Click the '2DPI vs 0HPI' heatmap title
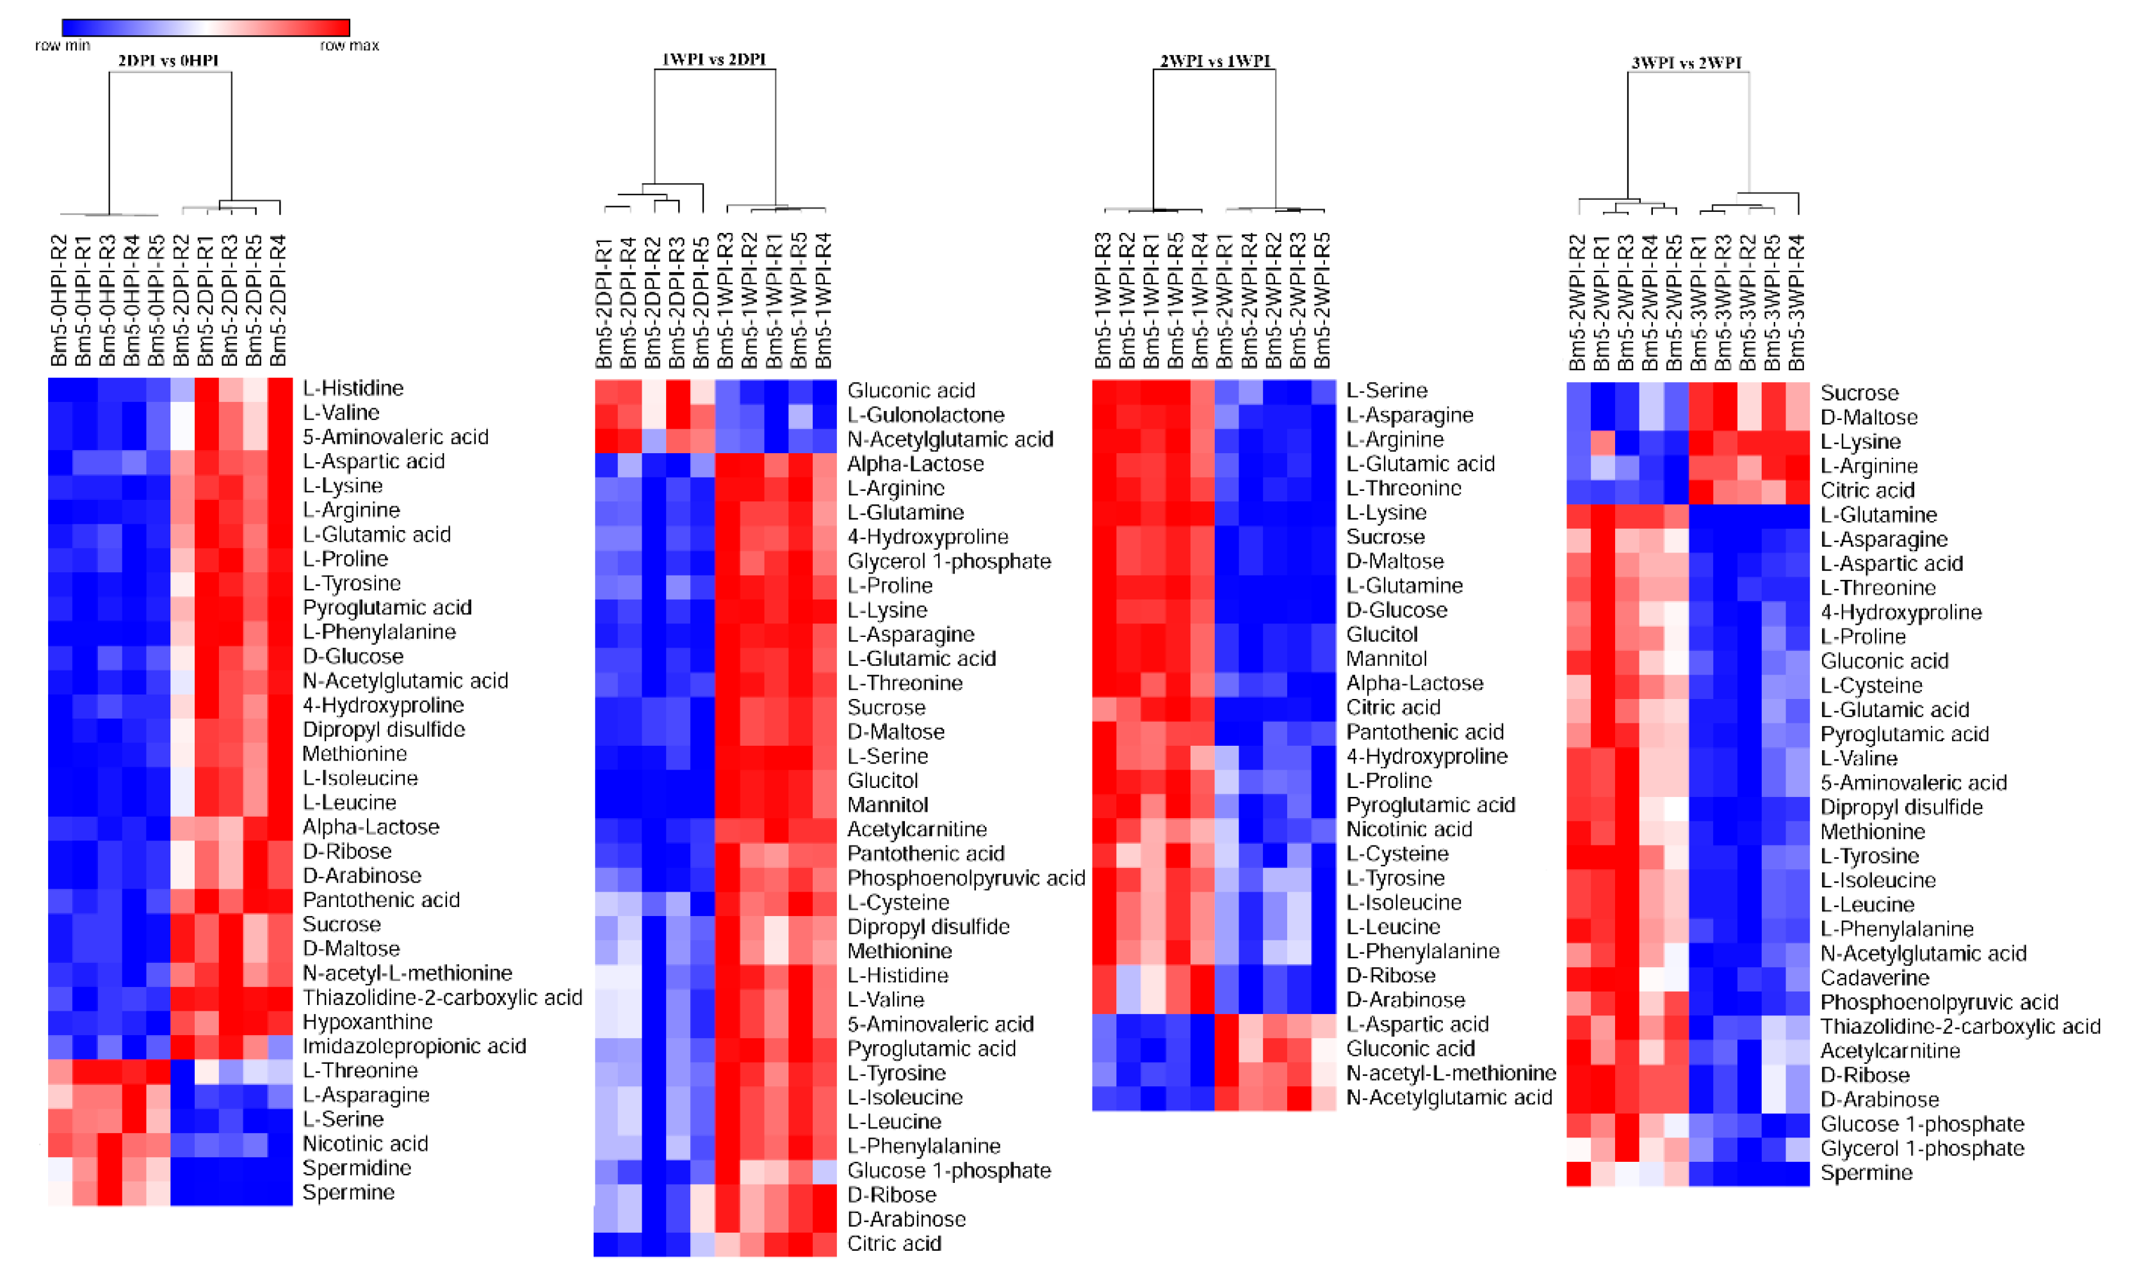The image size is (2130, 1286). (x=168, y=61)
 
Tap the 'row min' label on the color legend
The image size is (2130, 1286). (x=62, y=45)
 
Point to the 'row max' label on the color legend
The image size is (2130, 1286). (x=349, y=45)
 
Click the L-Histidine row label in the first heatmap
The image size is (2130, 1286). (x=353, y=388)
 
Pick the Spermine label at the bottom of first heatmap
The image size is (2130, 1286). (x=348, y=1193)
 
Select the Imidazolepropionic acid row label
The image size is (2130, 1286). (x=414, y=1047)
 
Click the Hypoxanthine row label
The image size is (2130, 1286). (x=368, y=1022)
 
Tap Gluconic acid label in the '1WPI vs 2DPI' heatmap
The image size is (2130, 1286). (x=910, y=390)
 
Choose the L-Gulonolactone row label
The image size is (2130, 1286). (x=925, y=415)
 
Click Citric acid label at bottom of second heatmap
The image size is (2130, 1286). (x=894, y=1244)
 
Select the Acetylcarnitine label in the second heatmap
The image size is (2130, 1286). (x=916, y=830)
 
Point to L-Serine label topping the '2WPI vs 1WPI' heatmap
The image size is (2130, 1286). (x=1386, y=390)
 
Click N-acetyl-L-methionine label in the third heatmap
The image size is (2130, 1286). (x=1451, y=1073)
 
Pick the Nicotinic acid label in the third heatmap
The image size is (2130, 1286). (x=1409, y=830)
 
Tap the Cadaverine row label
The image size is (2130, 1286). (x=1874, y=978)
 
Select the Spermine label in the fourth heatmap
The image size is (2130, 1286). (x=1866, y=1173)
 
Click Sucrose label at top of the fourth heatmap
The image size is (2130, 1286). (x=1858, y=393)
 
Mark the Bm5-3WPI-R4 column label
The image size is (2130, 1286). (x=1796, y=303)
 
